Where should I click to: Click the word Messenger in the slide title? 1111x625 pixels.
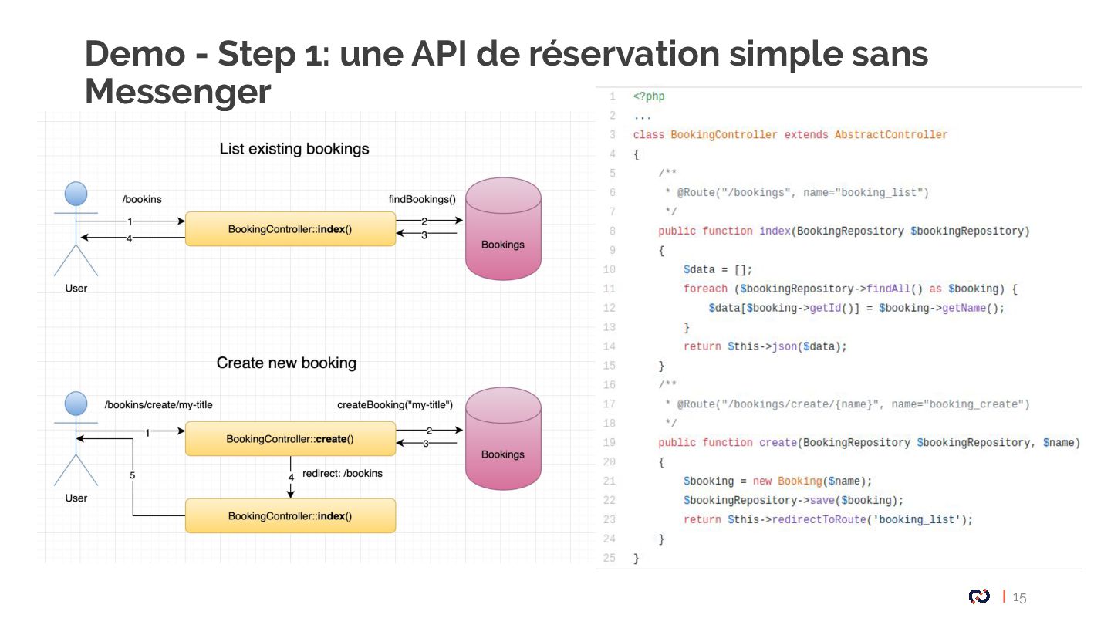coord(177,92)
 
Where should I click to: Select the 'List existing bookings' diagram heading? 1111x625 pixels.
coord(294,149)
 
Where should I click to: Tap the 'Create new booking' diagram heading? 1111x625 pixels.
coord(286,363)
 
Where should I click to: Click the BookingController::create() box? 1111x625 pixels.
coord(290,439)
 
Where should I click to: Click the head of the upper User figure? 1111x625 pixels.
coord(76,193)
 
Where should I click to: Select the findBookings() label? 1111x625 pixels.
coord(422,200)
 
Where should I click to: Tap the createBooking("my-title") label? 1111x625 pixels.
coord(395,405)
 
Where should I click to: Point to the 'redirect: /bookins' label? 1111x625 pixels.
coord(343,473)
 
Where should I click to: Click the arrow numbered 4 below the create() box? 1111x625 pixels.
coord(291,477)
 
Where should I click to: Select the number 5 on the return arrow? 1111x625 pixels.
coord(133,476)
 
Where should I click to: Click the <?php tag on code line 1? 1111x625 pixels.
coord(648,96)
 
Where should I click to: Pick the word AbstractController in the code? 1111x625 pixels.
coord(890,134)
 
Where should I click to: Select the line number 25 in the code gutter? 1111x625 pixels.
coord(610,558)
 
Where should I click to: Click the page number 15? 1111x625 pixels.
coord(1020,597)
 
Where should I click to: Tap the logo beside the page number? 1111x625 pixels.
coord(980,596)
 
